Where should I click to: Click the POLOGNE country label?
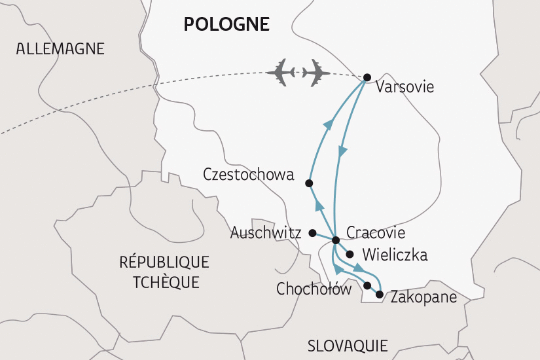pos(226,24)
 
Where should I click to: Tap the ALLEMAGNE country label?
pos(61,48)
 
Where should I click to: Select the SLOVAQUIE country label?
pos(348,345)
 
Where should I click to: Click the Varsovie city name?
pos(405,87)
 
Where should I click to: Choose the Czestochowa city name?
pos(249,175)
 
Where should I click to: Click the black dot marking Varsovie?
pos(367,77)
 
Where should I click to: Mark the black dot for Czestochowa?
pos(310,183)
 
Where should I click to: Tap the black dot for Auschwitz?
pos(313,233)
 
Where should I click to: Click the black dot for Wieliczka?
pos(350,255)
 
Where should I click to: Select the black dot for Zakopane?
pos(380,295)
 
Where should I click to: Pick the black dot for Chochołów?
pos(367,285)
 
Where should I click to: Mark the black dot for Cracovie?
pos(335,240)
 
